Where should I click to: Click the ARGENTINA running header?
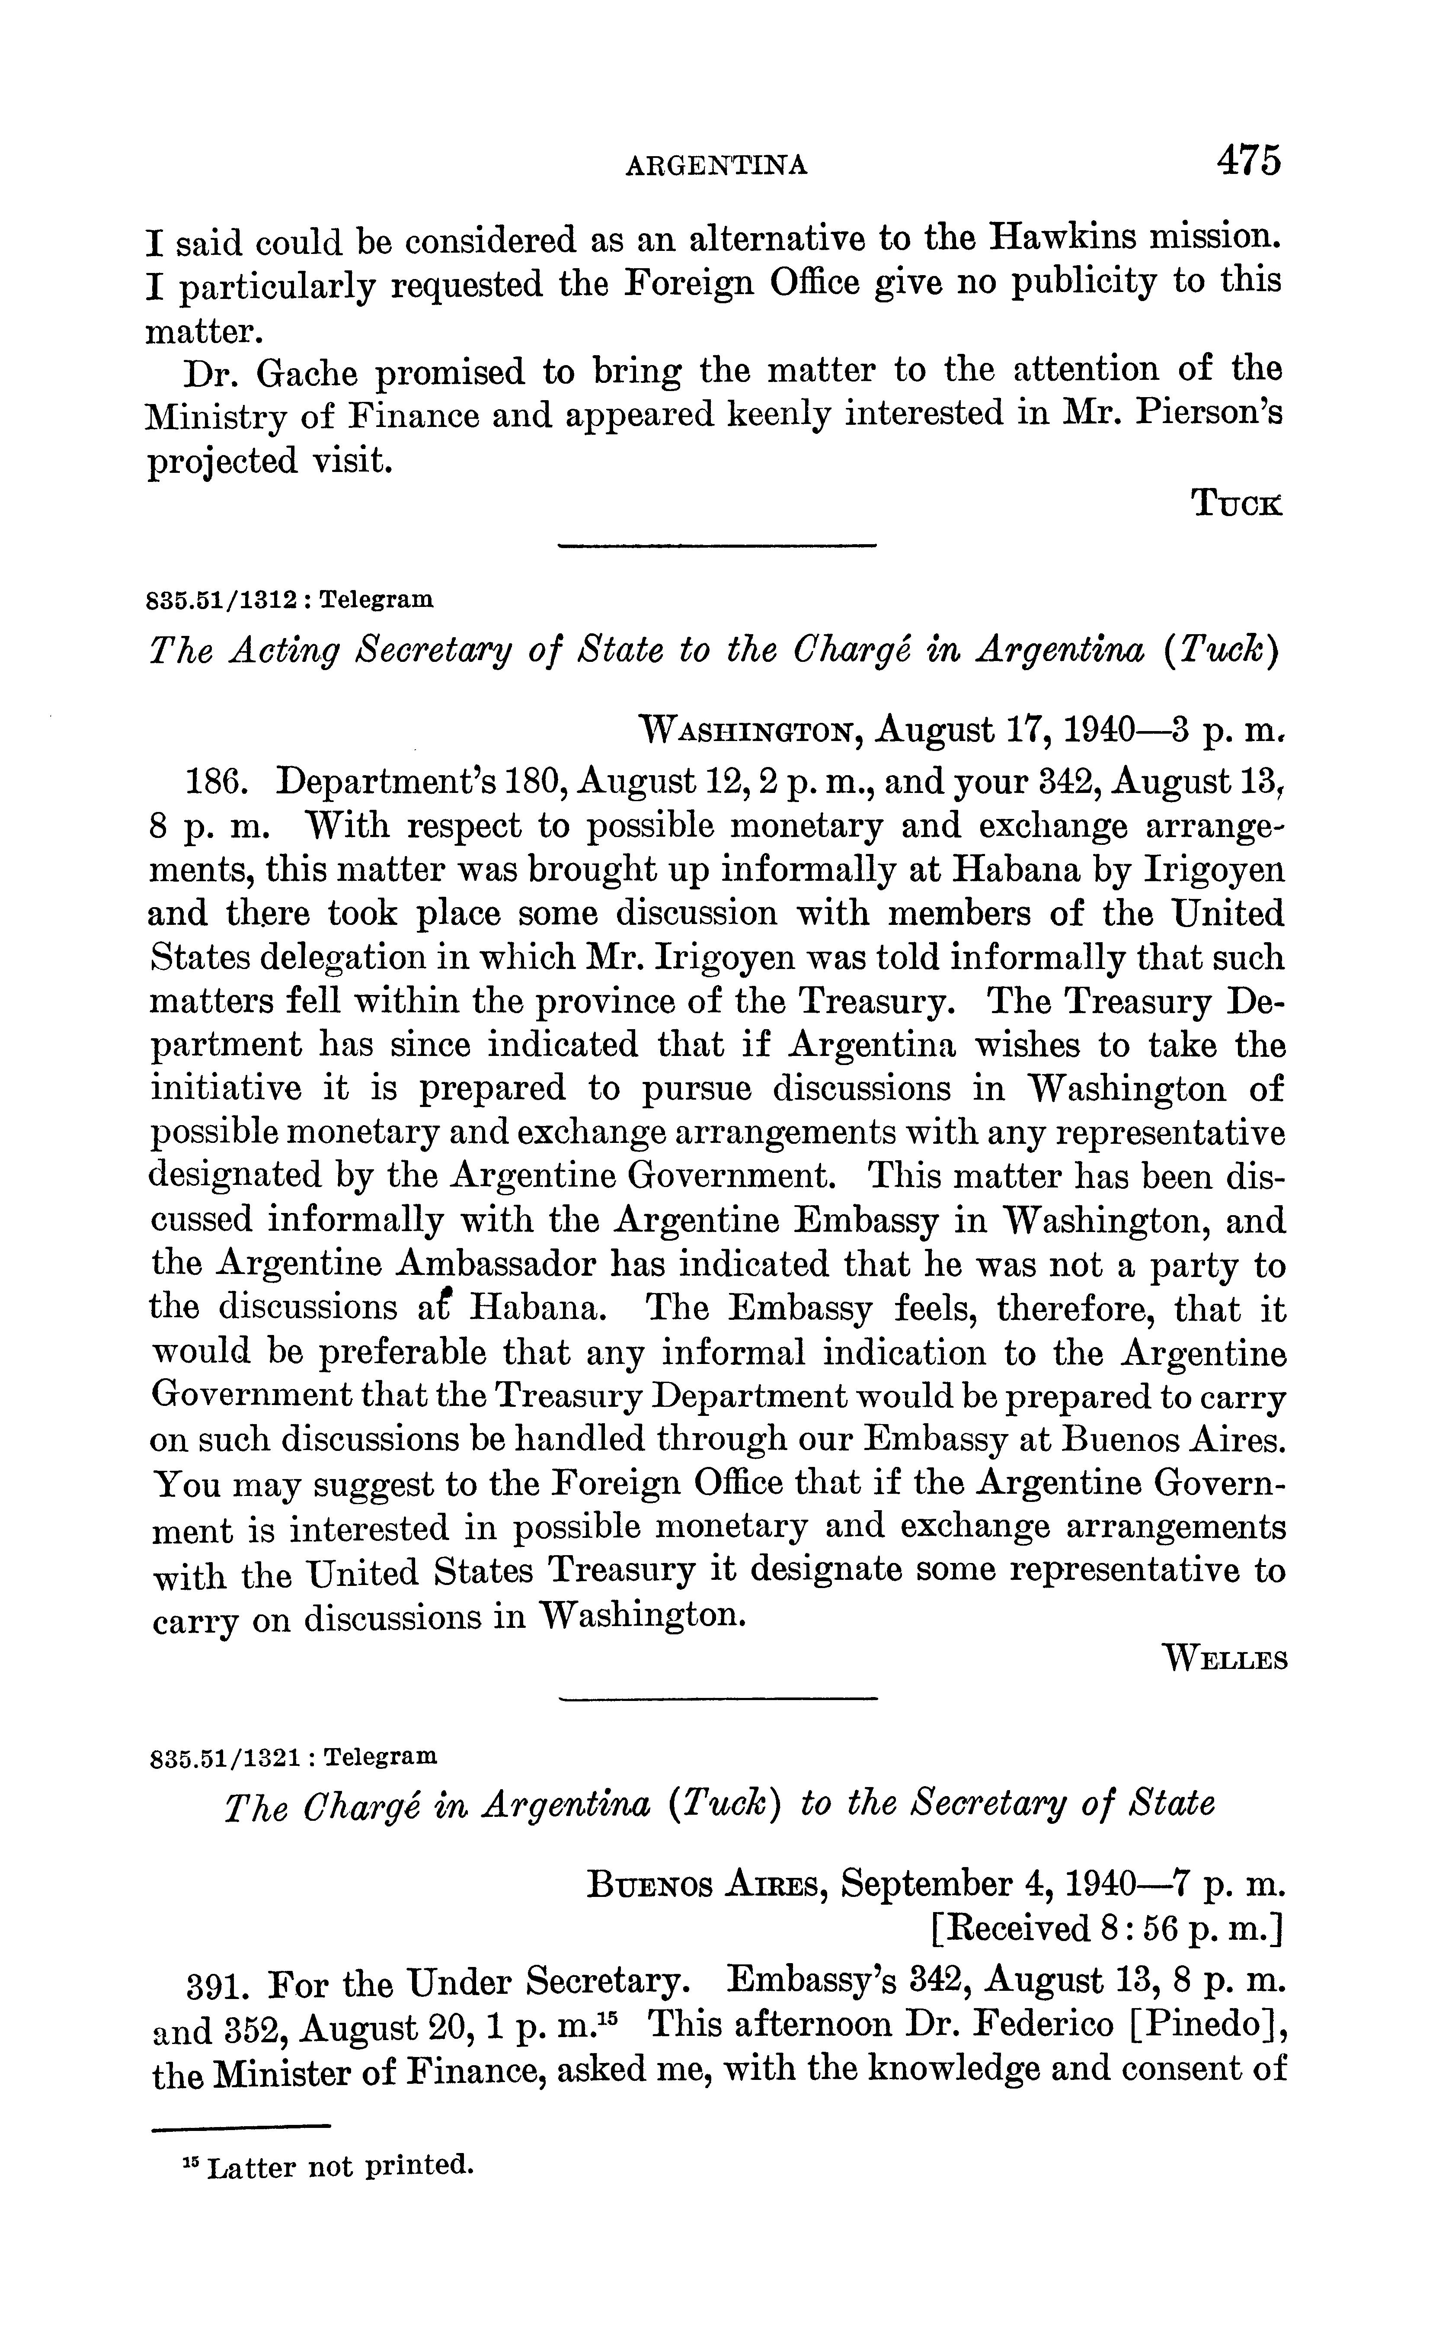716,167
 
